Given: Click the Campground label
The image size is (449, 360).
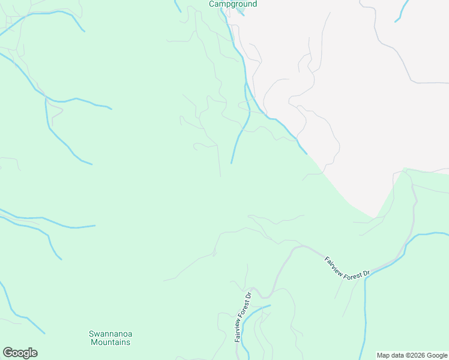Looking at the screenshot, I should (x=233, y=4).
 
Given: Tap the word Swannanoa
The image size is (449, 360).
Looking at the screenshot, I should (x=110, y=334).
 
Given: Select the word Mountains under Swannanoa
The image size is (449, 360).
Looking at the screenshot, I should (x=110, y=342).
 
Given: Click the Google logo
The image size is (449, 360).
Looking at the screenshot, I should (x=20, y=353).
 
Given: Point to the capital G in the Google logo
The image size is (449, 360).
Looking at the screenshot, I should (x=7, y=353).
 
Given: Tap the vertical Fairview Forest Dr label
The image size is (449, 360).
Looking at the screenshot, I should (x=243, y=317).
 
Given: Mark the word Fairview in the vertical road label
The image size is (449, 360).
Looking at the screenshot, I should (x=238, y=331).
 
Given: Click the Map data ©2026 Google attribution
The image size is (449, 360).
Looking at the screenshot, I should (x=412, y=355).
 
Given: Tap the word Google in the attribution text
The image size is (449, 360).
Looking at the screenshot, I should (x=437, y=355).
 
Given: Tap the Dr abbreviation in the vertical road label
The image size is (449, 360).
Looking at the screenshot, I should (x=247, y=296).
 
